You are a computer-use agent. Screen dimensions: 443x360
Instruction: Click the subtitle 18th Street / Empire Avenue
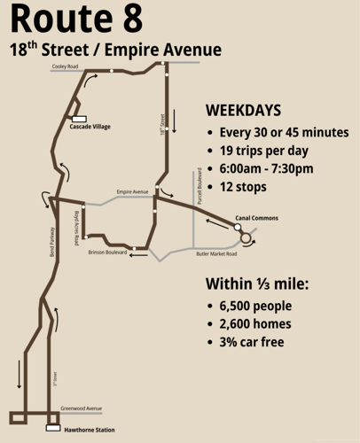pyautogui.click(x=115, y=50)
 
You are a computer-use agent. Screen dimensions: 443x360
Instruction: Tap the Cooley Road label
pyautogui.click(x=66, y=66)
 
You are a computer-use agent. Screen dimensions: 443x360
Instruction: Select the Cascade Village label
pyautogui.click(x=90, y=127)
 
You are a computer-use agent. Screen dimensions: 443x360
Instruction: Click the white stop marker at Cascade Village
pyautogui.click(x=78, y=118)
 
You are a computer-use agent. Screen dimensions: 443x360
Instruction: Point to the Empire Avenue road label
pyautogui.click(x=132, y=191)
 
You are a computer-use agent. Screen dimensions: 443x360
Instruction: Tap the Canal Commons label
pyautogui.click(x=256, y=218)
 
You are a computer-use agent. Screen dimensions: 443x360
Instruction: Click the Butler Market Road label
pyautogui.click(x=215, y=254)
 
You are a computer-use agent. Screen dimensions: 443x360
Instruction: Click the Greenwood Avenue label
pyautogui.click(x=81, y=408)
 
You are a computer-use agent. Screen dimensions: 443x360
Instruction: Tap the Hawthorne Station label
pyautogui.click(x=89, y=430)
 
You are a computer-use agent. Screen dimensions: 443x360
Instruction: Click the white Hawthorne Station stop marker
pyautogui.click(x=51, y=428)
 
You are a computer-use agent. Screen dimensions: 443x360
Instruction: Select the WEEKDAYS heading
pyautogui.click(x=243, y=111)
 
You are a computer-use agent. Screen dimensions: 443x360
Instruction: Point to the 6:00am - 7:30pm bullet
pyautogui.click(x=267, y=168)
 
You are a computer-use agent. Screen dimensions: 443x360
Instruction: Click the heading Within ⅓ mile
pyautogui.click(x=257, y=284)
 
